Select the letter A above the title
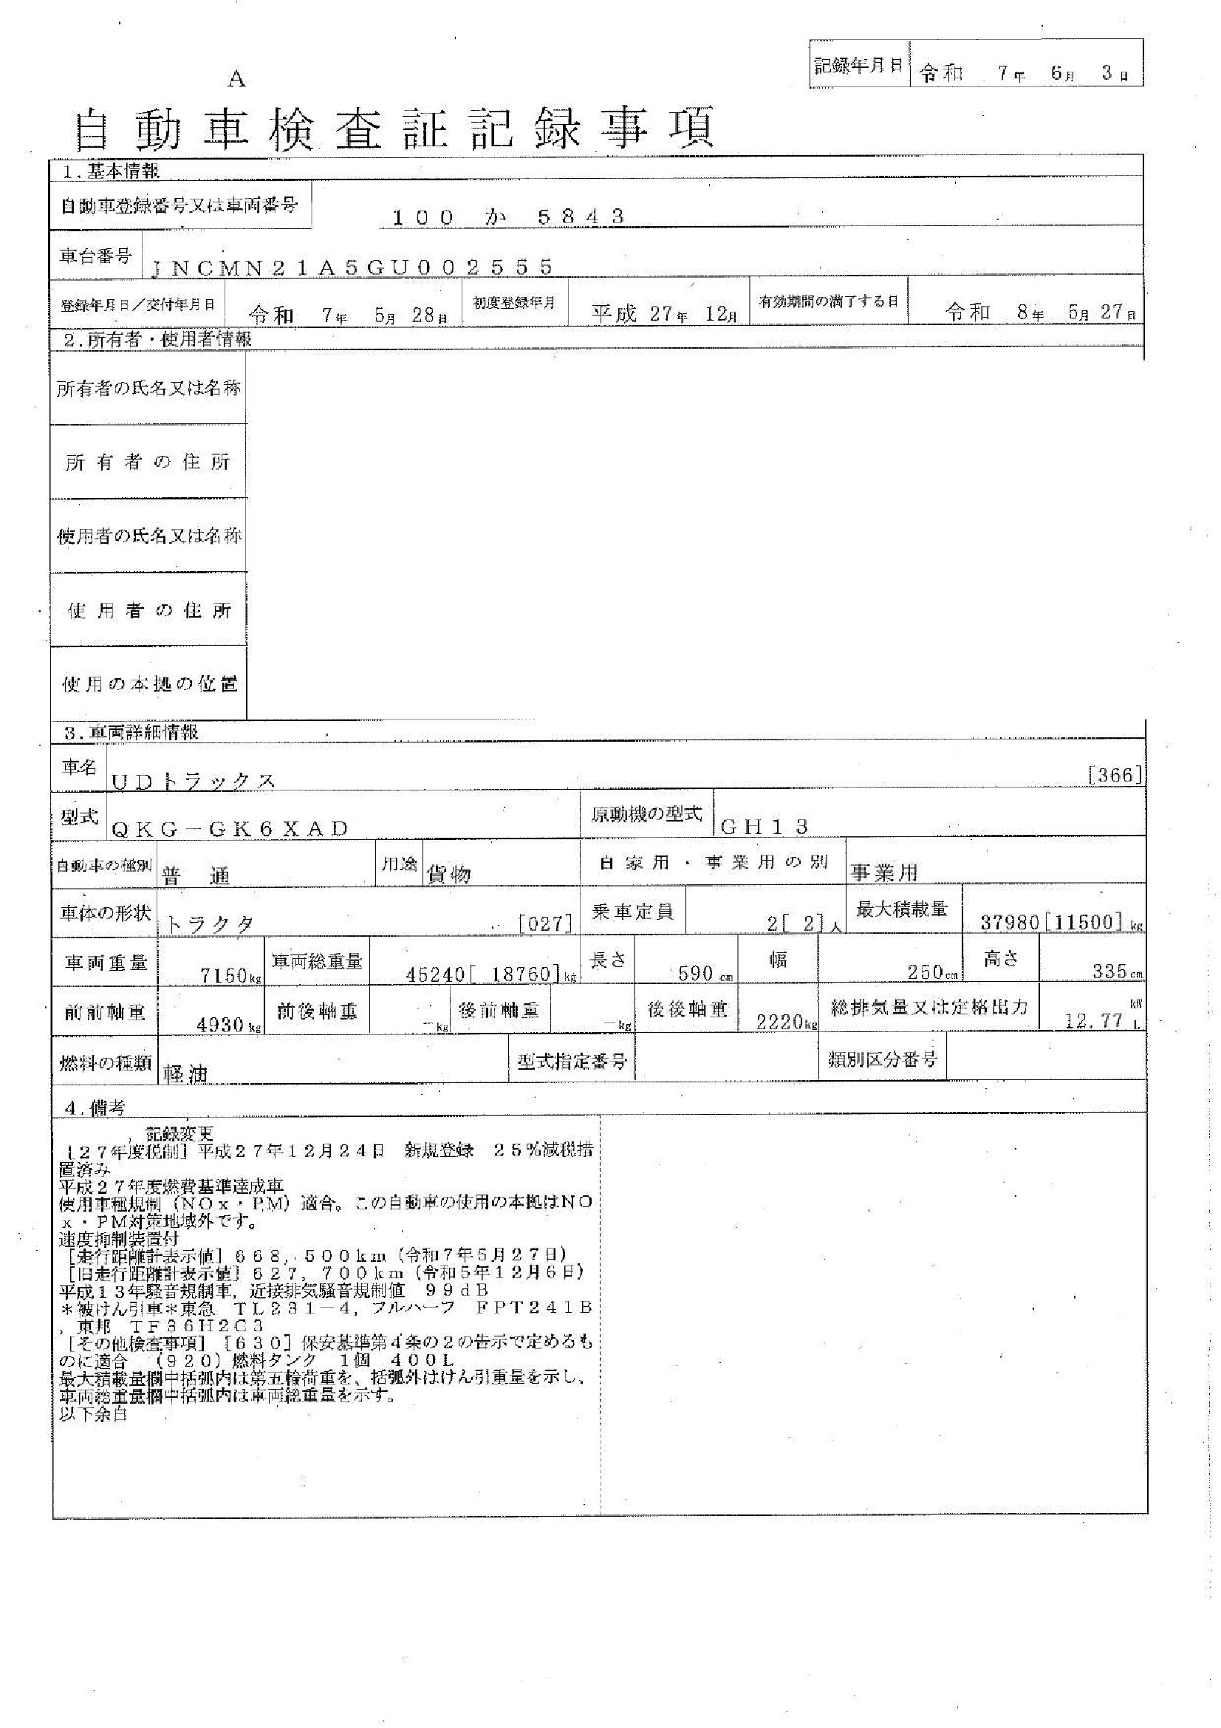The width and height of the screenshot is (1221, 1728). [x=237, y=78]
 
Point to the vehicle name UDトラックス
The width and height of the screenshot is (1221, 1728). [x=193, y=781]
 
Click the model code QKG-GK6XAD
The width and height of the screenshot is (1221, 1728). [x=230, y=829]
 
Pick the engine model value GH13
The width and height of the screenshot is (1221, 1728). [x=764, y=827]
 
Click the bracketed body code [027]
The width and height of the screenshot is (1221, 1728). [x=546, y=923]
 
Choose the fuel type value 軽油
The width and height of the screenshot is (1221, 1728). [x=185, y=1073]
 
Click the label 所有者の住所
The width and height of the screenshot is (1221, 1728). [x=148, y=461]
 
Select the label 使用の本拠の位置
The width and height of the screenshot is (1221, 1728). [x=149, y=683]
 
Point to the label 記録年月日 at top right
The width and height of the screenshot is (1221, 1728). [x=858, y=66]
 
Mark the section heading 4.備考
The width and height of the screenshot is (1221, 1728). [x=94, y=1107]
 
